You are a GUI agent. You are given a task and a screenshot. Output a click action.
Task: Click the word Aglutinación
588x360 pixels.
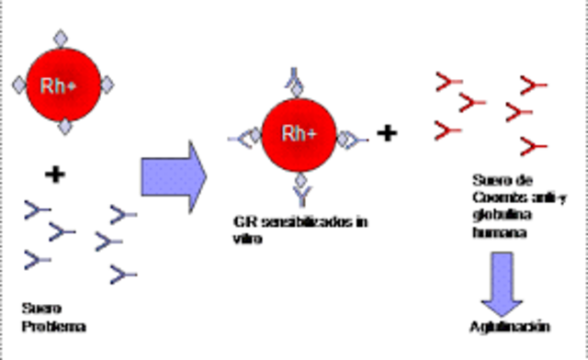(508, 325)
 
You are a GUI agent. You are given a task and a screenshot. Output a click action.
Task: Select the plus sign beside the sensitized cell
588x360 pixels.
(388, 134)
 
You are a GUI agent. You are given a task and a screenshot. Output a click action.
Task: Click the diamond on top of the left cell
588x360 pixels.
(62, 39)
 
